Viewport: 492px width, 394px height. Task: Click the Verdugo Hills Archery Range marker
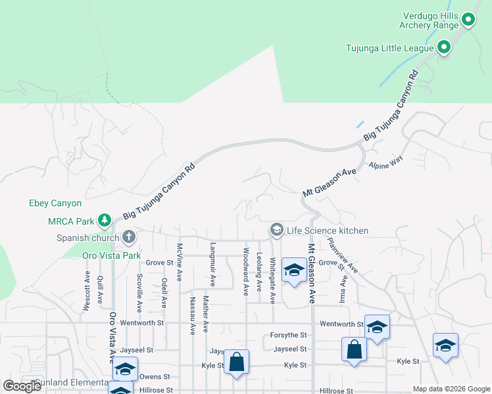[468, 20]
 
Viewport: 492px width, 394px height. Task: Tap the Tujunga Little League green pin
[444, 47]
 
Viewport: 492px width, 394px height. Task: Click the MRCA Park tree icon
[103, 219]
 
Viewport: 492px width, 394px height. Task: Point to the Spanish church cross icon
[128, 236]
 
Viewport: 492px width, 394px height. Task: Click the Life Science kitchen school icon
[276, 230]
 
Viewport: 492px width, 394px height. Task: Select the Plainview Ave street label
[343, 256]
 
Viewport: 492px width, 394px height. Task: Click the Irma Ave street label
[343, 289]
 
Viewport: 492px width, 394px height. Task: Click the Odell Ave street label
[164, 292]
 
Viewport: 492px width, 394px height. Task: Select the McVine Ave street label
[179, 263]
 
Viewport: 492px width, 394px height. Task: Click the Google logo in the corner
[22, 386]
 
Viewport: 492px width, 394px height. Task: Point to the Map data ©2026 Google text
[451, 389]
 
